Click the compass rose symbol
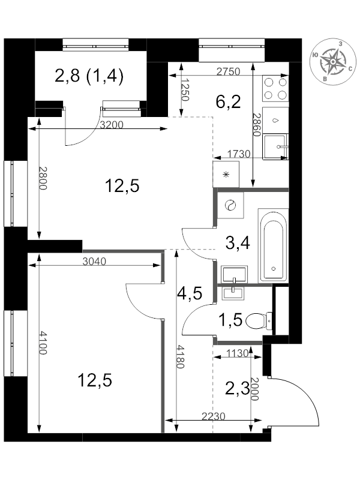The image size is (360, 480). tap(333, 62)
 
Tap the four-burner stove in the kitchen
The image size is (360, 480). tap(275, 89)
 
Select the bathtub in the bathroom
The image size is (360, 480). tap(274, 245)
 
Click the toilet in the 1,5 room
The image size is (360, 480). tap(259, 320)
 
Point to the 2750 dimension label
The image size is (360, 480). tap(228, 71)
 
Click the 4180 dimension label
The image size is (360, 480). tap(181, 357)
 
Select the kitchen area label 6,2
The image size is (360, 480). tap(228, 102)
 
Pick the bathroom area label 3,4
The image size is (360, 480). tap(238, 243)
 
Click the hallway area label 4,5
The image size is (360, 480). tap(190, 293)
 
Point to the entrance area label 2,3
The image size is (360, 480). tap(238, 389)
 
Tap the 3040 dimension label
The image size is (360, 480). tap(94, 262)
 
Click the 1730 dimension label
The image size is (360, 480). tap(239, 154)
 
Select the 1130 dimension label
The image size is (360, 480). tap(237, 353)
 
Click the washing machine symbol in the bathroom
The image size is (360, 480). tap(230, 205)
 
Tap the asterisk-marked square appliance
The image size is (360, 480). tap(226, 175)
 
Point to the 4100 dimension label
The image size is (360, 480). tap(43, 343)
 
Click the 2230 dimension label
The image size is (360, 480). tap(214, 416)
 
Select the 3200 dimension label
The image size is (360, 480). tap(112, 125)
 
